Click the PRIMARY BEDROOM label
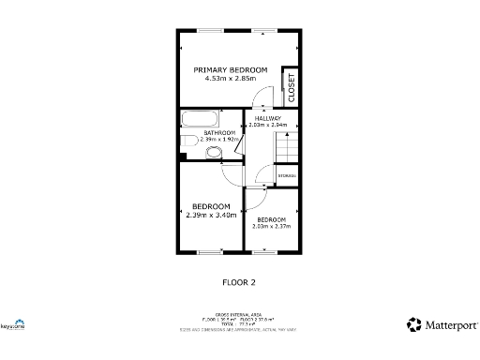[x=231, y=69]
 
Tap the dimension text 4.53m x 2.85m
[x=231, y=79]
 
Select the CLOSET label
[x=292, y=88]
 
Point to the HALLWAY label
[x=268, y=118]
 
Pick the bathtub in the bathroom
[x=201, y=120]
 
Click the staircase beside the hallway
[x=285, y=148]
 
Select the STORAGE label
[x=287, y=175]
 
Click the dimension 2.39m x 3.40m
[x=211, y=215]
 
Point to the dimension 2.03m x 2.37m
[x=272, y=226]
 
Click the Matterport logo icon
[x=413, y=324]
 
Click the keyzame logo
[x=11, y=326]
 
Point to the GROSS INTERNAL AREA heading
[x=240, y=316]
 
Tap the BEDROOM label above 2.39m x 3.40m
[x=211, y=206]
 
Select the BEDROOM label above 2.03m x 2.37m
[x=272, y=218]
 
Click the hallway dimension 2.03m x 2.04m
[x=268, y=125]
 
